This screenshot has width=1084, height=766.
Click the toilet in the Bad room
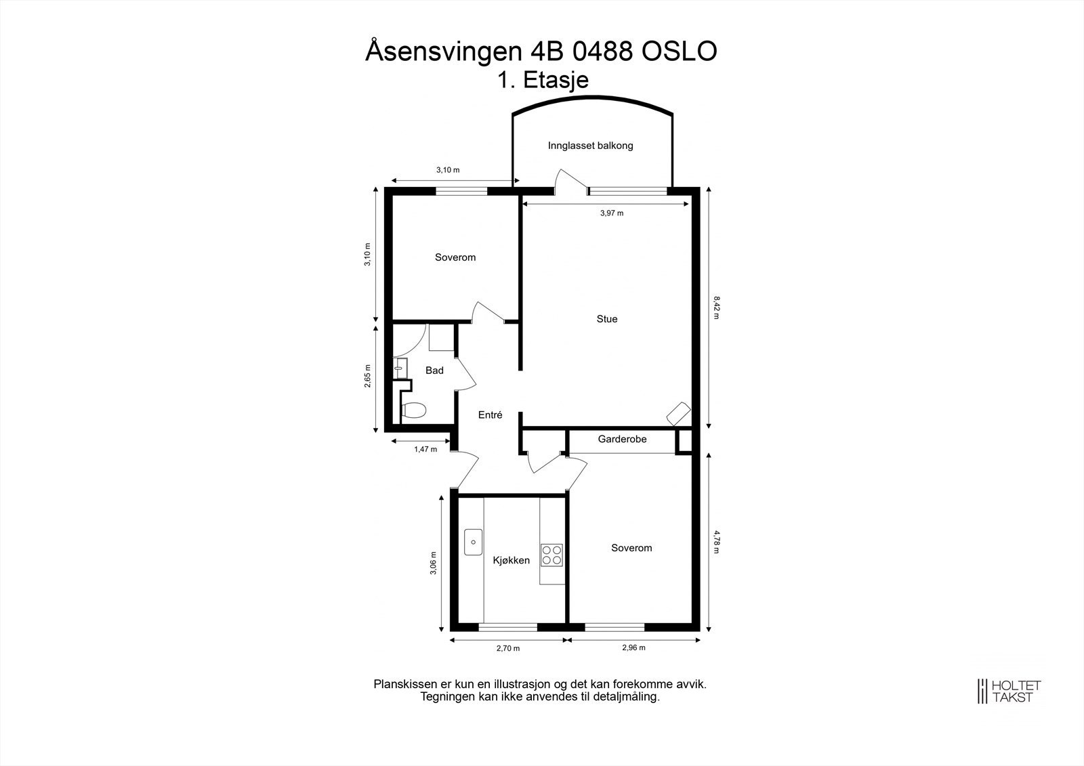pyautogui.click(x=413, y=410)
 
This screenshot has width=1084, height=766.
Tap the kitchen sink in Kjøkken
pyautogui.click(x=473, y=542)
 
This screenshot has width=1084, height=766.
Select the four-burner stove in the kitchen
pyautogui.click(x=551, y=555)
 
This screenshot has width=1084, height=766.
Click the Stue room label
pyautogui.click(x=607, y=319)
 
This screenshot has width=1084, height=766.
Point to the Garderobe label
pyautogui.click(x=622, y=439)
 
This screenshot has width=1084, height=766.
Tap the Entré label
pyautogui.click(x=490, y=415)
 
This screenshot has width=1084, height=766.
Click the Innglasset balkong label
pyautogui.click(x=591, y=146)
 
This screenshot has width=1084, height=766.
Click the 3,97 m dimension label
pyautogui.click(x=612, y=213)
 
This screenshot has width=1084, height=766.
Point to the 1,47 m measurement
pyautogui.click(x=425, y=449)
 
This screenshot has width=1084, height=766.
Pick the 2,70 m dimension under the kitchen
pyautogui.click(x=508, y=648)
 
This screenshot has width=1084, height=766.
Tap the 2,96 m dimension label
pyautogui.click(x=633, y=647)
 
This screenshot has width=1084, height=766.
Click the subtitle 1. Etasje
pyautogui.click(x=543, y=80)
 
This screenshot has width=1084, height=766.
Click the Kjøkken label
pyautogui.click(x=511, y=561)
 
